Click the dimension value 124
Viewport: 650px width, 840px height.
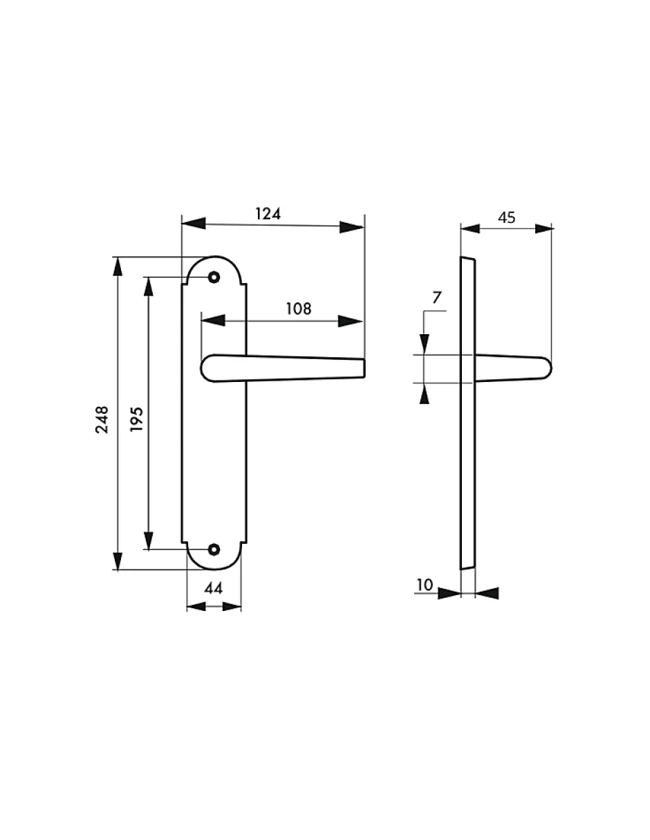pos(268,214)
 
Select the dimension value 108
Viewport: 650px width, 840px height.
pos(299,309)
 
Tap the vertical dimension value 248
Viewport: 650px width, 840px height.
pos(102,419)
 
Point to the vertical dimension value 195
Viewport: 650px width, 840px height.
pos(136,419)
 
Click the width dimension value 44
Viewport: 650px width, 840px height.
pos(214,589)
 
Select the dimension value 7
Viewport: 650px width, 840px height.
pos(436,298)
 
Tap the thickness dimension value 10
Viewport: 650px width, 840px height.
pos(424,585)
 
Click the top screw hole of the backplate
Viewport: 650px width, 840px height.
pos(214,277)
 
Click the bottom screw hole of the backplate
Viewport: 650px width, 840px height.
pos(214,549)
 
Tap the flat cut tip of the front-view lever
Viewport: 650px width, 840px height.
pos(362,368)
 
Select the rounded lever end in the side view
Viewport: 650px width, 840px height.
pos(546,367)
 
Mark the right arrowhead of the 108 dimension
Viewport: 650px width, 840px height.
pos(351,321)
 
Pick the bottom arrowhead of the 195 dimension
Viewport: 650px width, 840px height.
pos(147,539)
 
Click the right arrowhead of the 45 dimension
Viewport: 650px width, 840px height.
pos(542,228)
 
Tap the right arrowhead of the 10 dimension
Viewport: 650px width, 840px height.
pos(487,593)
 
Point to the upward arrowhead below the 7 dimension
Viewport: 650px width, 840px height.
pos(424,394)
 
